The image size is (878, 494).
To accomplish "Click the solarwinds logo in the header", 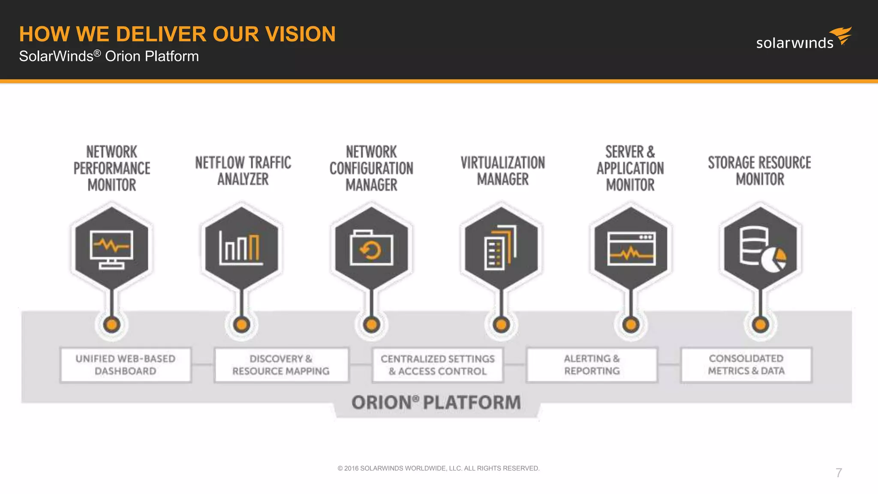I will [x=803, y=39].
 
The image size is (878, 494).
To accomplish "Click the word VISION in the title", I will [x=300, y=34].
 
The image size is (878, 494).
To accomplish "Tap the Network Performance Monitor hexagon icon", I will [x=111, y=248].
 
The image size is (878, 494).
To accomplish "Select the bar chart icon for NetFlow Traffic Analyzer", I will [x=241, y=248].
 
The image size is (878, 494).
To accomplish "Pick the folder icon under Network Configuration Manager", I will [x=371, y=248].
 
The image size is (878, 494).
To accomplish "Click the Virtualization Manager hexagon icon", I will [x=501, y=248].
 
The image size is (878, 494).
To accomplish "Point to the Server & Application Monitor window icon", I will [x=631, y=248].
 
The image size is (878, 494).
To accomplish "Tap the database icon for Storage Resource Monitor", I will [x=761, y=248].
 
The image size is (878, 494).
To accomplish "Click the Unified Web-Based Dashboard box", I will [x=125, y=364].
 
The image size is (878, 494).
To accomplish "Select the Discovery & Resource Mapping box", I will [x=281, y=364].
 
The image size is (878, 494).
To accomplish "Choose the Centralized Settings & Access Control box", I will [x=438, y=364].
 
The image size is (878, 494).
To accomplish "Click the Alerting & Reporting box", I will [x=592, y=364].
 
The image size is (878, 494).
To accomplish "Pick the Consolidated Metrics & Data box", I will [x=746, y=364].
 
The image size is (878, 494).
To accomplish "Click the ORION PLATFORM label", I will [x=436, y=403].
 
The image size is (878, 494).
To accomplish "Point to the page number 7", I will [x=839, y=473].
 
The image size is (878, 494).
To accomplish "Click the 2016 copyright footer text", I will [x=438, y=468].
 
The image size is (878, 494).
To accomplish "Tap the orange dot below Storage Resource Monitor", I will [x=761, y=325].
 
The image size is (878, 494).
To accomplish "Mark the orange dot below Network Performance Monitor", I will [x=111, y=325].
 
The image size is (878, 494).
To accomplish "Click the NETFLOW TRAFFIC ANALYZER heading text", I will [x=243, y=170].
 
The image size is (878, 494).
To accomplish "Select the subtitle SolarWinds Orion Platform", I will [x=109, y=56].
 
